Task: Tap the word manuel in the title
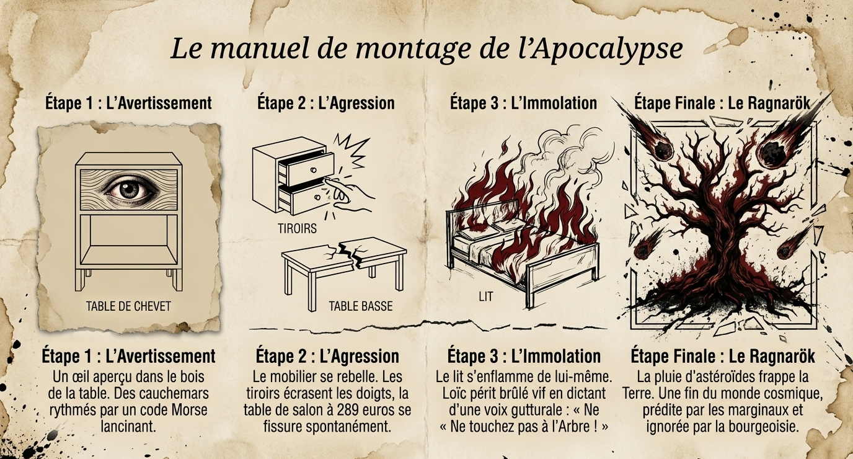(262, 50)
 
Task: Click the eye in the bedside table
(129, 188)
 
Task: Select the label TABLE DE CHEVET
(128, 306)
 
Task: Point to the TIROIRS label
(297, 228)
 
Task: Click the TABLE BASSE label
(361, 306)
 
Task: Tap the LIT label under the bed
(486, 296)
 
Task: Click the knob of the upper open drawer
(314, 169)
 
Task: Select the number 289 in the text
(345, 410)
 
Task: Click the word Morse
(190, 410)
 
